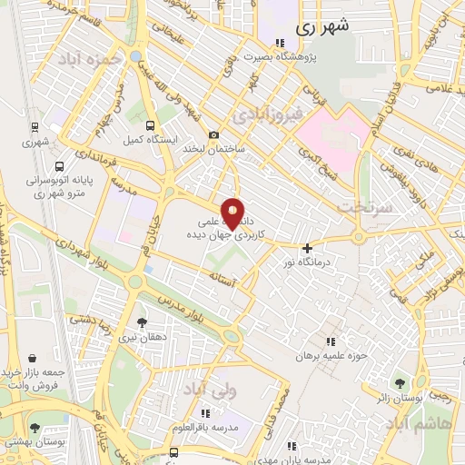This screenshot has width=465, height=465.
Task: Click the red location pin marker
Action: [233, 213]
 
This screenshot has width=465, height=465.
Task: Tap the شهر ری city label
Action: [322, 27]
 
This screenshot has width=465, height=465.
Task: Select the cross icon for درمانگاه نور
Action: [308, 248]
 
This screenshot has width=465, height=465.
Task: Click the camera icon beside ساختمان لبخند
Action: [213, 135]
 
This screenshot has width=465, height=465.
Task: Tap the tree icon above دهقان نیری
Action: [141, 322]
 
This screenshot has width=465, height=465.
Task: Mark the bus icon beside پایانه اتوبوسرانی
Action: [60, 167]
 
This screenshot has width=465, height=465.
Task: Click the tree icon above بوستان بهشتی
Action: [35, 427]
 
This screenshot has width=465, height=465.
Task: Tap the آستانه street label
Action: [221, 273]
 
